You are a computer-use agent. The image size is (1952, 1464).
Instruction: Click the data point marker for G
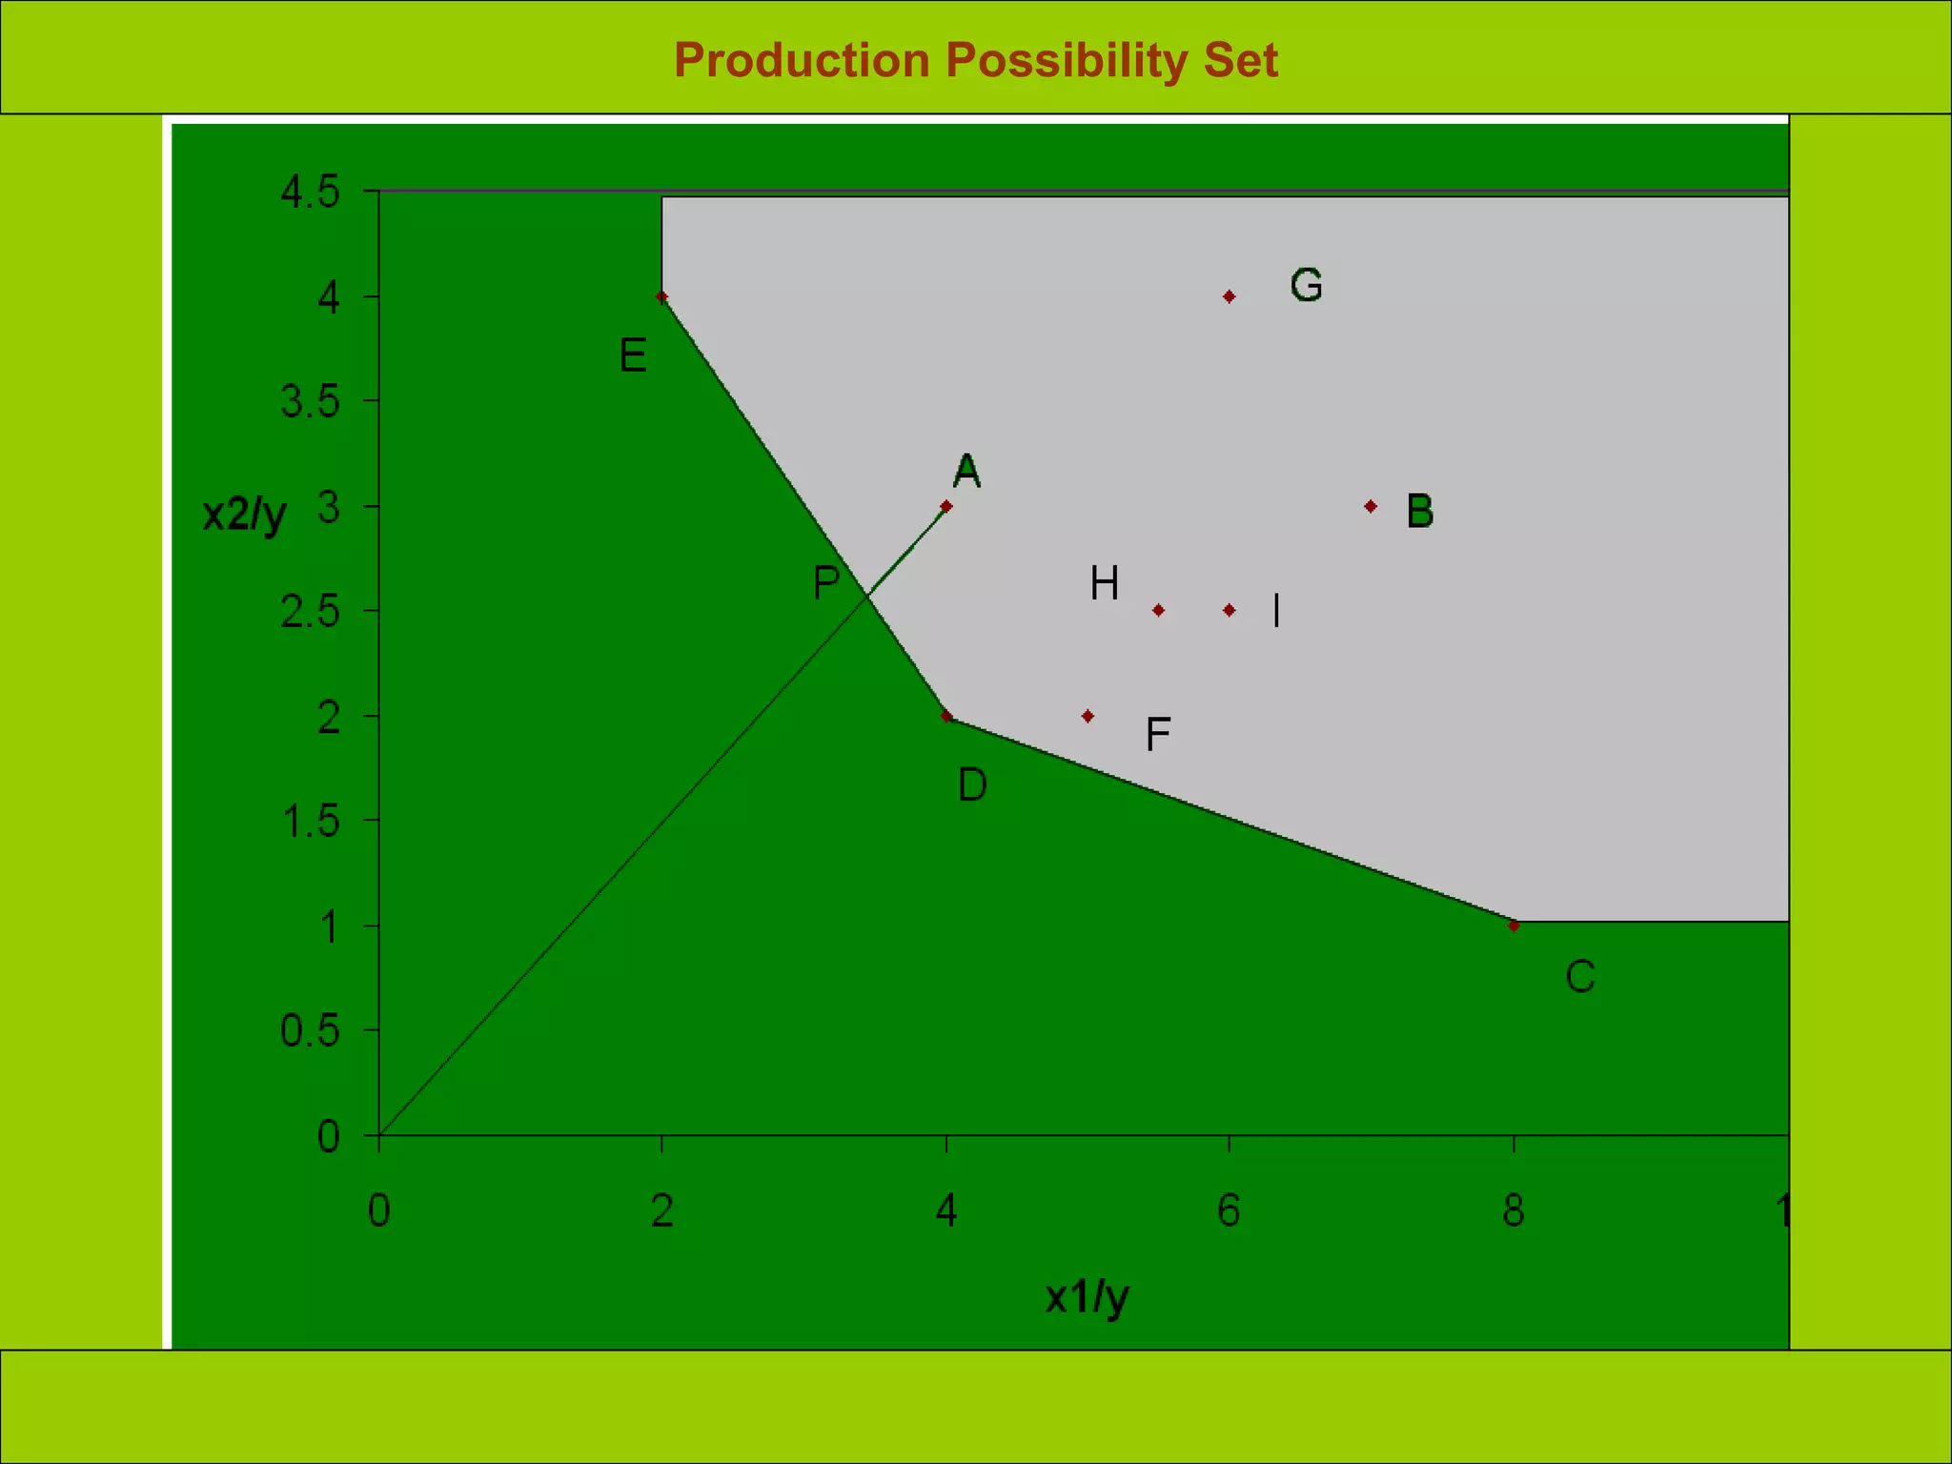coord(1229,296)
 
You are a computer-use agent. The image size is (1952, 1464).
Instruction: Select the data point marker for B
coord(1370,506)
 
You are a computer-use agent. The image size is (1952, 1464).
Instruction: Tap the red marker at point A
coord(945,506)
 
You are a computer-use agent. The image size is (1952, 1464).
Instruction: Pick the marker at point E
coord(662,296)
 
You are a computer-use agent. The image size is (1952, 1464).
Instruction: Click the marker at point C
coord(1514,925)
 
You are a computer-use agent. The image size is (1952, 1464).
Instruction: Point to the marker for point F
coord(1088,716)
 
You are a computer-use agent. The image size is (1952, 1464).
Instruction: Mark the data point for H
coord(1158,610)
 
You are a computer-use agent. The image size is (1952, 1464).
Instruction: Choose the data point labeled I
coord(1229,610)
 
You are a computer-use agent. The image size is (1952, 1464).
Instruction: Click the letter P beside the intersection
coord(826,582)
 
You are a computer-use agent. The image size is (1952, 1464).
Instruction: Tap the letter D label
coord(972,785)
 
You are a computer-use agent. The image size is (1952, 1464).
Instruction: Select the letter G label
coord(1306,285)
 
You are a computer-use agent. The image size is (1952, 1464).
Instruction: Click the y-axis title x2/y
coord(245,515)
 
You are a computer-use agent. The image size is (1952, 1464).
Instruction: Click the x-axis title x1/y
coord(1087,1297)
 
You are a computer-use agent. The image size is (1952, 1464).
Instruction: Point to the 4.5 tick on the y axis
coord(310,192)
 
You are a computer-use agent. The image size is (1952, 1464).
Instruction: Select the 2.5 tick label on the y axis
coord(310,611)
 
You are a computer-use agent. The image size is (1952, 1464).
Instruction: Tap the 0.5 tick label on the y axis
coord(310,1030)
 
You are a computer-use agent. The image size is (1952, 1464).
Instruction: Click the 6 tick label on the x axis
coord(1229,1210)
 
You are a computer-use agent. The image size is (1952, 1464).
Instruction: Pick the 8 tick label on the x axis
coord(1514,1210)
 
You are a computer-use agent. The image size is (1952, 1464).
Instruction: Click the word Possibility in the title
coord(1067,61)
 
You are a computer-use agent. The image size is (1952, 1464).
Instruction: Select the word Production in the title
coord(802,60)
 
